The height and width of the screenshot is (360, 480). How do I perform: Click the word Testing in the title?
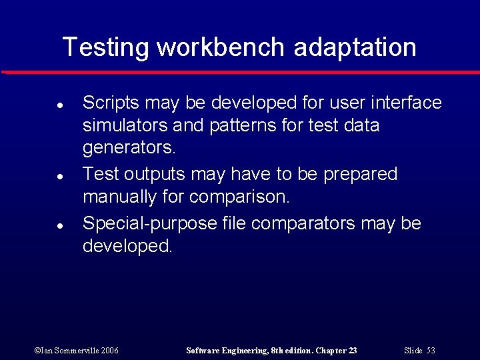pos(106,48)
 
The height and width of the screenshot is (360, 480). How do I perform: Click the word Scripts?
pos(111,103)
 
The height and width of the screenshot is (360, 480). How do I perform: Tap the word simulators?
pos(125,126)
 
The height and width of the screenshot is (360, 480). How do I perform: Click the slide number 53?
pos(430,350)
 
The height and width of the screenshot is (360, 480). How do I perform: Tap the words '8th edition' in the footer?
pos(289,350)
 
